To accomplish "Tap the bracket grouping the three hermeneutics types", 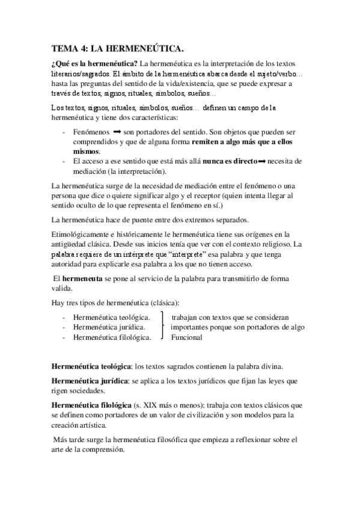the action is pos(163,327).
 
